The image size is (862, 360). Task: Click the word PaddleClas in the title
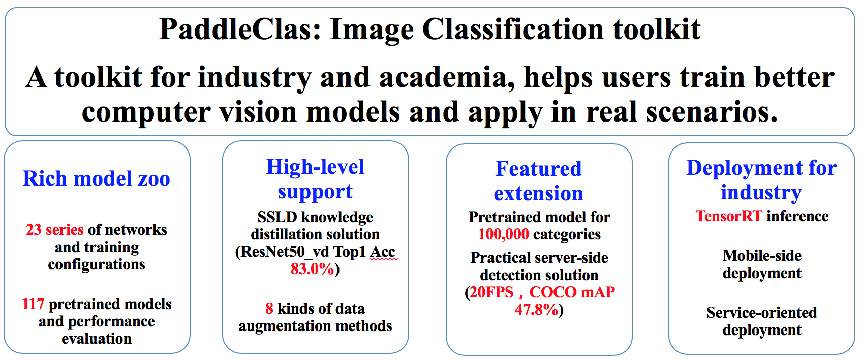point(240,29)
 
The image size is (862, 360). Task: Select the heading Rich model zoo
point(96,178)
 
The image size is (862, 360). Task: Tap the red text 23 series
point(55,230)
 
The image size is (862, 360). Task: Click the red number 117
point(33,304)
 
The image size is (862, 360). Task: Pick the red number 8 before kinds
point(269,309)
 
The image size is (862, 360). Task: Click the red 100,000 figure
point(503,234)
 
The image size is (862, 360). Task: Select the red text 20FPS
point(491,292)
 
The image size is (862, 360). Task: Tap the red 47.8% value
point(536,310)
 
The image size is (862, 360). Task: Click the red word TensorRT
point(729,216)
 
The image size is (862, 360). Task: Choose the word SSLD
point(277,217)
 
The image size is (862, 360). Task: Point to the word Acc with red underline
point(383,252)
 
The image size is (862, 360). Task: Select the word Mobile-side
point(762,256)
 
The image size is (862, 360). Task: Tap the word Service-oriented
point(761,313)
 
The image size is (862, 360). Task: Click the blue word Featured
point(538,169)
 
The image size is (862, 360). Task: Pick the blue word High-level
point(315,167)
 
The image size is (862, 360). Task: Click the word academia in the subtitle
point(447,77)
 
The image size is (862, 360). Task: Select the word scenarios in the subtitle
point(712,112)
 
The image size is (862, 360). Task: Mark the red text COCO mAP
point(572,292)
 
